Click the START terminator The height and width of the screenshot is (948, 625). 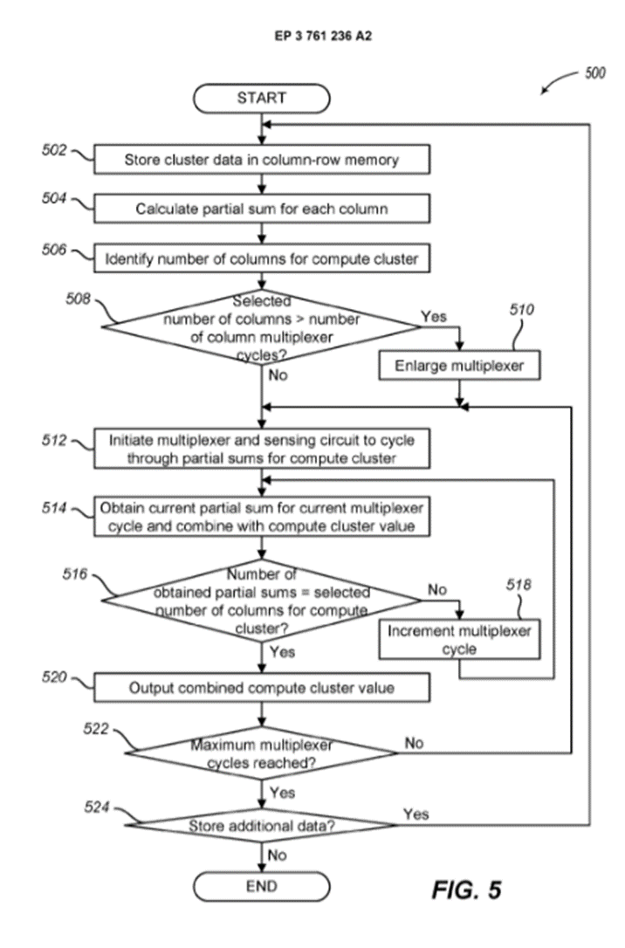[x=261, y=98]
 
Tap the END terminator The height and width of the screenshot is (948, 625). [x=261, y=887]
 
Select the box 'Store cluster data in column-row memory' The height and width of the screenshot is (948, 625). [x=261, y=160]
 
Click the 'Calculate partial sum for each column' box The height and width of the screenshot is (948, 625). [x=261, y=209]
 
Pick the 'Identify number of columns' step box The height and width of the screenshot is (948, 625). [x=261, y=258]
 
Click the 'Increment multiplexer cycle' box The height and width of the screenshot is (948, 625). [x=458, y=639]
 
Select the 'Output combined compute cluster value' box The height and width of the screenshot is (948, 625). [x=261, y=688]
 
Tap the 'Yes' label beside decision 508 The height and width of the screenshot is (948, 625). [x=433, y=316]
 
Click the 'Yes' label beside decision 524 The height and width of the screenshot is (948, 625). [x=416, y=814]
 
